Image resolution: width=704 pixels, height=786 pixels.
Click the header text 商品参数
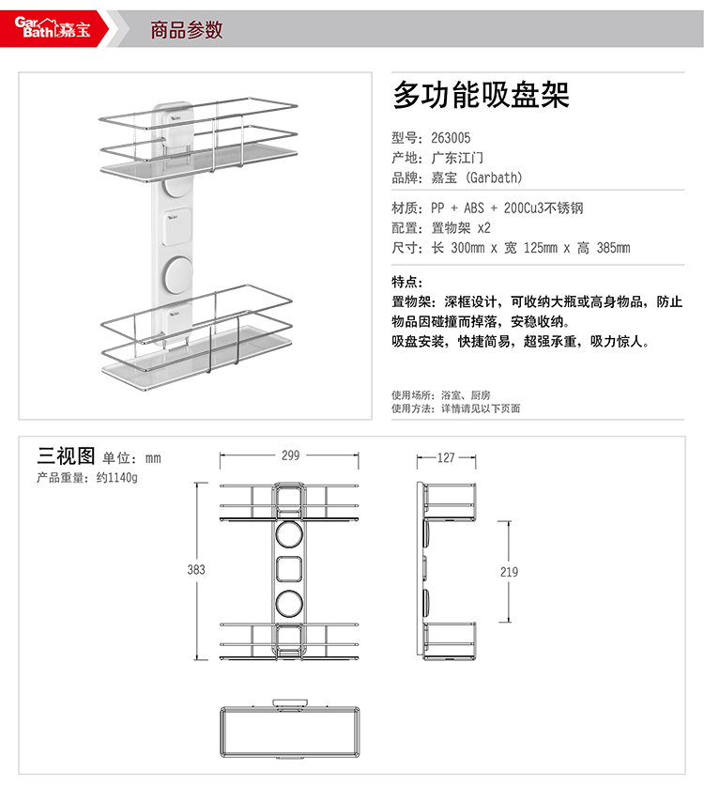187,30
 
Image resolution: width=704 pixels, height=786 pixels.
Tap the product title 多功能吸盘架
482,96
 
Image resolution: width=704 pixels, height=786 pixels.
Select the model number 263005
451,137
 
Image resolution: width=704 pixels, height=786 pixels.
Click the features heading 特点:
407,282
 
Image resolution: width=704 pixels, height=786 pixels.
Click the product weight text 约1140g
116,478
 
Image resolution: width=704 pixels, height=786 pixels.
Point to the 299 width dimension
290,455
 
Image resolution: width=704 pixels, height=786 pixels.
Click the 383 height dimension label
195,569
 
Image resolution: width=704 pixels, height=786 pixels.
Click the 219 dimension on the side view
508,571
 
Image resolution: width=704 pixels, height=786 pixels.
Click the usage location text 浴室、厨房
466,395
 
